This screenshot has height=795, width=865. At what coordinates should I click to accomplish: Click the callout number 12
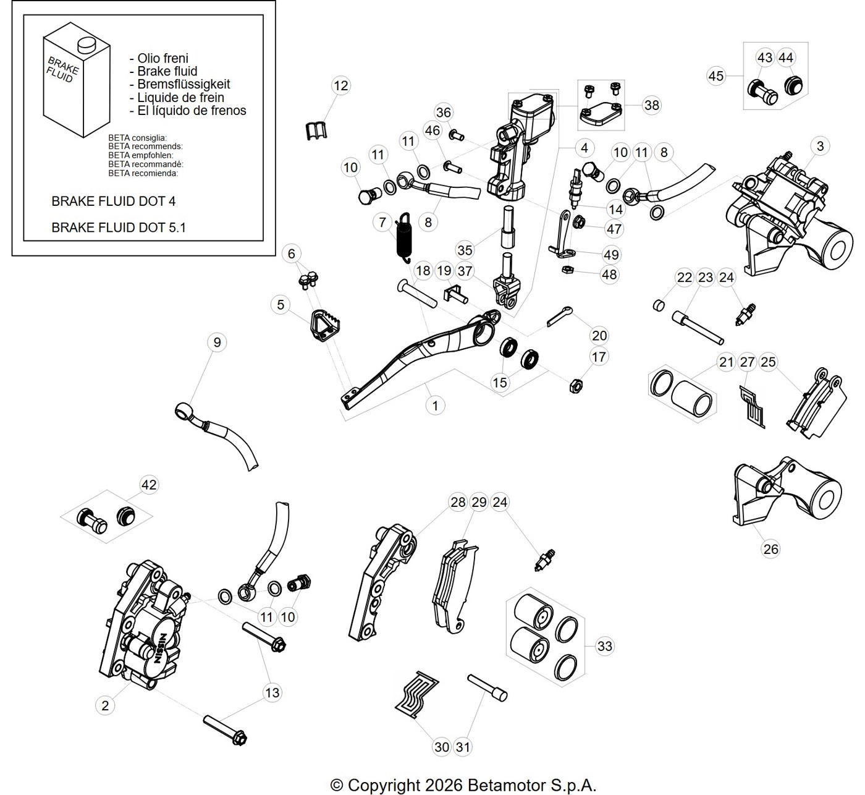(x=340, y=85)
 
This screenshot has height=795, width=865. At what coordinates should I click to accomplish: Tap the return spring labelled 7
(x=404, y=237)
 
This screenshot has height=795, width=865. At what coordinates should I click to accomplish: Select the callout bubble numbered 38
(x=652, y=105)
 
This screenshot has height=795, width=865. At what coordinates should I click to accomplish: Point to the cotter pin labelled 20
(x=559, y=317)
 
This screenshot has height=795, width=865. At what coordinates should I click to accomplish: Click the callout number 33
(x=604, y=646)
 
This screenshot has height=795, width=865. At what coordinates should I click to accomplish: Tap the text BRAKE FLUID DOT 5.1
(x=119, y=227)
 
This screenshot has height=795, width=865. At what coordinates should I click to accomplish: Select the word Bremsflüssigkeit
(x=184, y=84)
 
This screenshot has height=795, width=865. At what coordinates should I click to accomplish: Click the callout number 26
(x=770, y=549)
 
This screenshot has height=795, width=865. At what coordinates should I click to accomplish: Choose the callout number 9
(x=217, y=342)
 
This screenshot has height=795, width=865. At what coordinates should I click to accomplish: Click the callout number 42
(x=149, y=485)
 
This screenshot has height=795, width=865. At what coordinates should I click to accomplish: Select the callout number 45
(x=716, y=76)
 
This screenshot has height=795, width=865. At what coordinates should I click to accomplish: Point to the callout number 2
(x=105, y=705)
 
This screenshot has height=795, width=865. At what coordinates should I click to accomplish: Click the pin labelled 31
(x=487, y=688)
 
